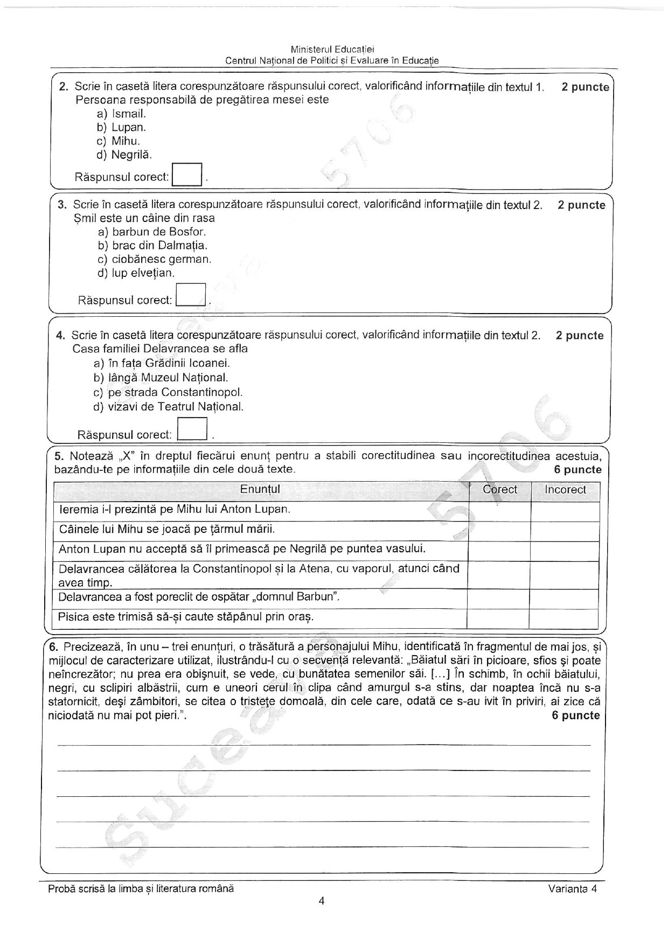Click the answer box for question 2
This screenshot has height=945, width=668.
tap(186, 175)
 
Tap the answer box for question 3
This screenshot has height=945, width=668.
tap(191, 295)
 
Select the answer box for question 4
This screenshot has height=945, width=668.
tap(192, 429)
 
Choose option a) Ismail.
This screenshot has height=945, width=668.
tap(122, 114)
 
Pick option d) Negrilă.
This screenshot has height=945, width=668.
tap(124, 155)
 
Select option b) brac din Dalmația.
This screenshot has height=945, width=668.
tap(145, 246)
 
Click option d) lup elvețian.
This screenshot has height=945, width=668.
tap(136, 273)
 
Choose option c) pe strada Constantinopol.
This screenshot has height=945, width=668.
tap(168, 392)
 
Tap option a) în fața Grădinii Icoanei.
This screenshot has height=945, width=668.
tap(162, 364)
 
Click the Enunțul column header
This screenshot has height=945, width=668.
tap(260, 490)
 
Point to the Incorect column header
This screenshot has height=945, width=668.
tap(565, 490)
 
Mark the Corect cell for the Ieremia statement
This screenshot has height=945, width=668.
tap(499, 511)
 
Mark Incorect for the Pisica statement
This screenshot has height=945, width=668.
tap(564, 618)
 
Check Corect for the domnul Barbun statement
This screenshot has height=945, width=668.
tap(498, 599)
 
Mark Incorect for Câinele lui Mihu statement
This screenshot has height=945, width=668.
tap(565, 531)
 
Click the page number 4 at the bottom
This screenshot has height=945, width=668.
tap(322, 901)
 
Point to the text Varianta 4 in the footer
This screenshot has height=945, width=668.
tap(573, 890)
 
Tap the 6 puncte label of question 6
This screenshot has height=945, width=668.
tap(575, 715)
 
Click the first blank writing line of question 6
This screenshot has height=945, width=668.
tap(323, 745)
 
